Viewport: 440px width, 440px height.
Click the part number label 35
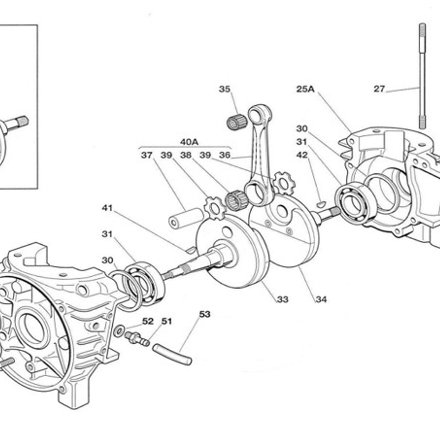(x=224, y=89)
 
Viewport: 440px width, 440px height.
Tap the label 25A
(x=305, y=89)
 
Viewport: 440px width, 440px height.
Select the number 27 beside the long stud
(x=379, y=89)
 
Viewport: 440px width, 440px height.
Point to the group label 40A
(x=189, y=142)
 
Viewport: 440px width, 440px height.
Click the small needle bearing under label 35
(x=237, y=122)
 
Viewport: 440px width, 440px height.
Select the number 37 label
(x=147, y=155)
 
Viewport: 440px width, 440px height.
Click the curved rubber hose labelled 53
(x=172, y=354)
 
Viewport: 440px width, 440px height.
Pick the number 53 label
(x=205, y=314)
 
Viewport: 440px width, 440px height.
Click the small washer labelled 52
(x=119, y=331)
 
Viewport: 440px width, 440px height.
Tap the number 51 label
(x=166, y=321)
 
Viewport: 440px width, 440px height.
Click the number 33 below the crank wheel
(x=283, y=299)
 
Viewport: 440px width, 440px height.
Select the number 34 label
(x=321, y=299)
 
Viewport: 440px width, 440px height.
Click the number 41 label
(x=107, y=208)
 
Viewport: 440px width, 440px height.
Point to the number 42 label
(x=302, y=155)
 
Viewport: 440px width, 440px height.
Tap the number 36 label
(x=225, y=155)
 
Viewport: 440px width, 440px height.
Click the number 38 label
(x=186, y=155)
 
